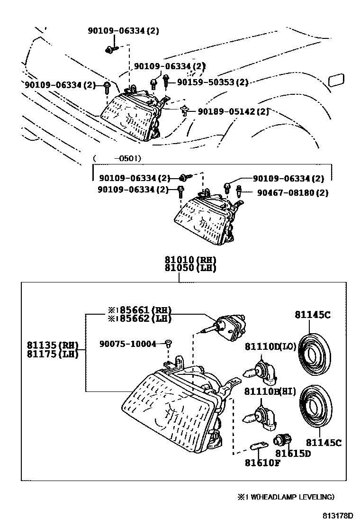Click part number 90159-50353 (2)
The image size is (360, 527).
point(213,82)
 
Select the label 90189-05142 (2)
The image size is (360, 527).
point(233,112)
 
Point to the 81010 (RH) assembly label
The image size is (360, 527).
point(190,260)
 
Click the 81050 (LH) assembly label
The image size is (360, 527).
point(190,268)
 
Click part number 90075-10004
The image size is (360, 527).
point(127,344)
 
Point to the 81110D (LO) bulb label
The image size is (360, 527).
point(270,347)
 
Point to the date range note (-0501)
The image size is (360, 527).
point(117,158)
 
